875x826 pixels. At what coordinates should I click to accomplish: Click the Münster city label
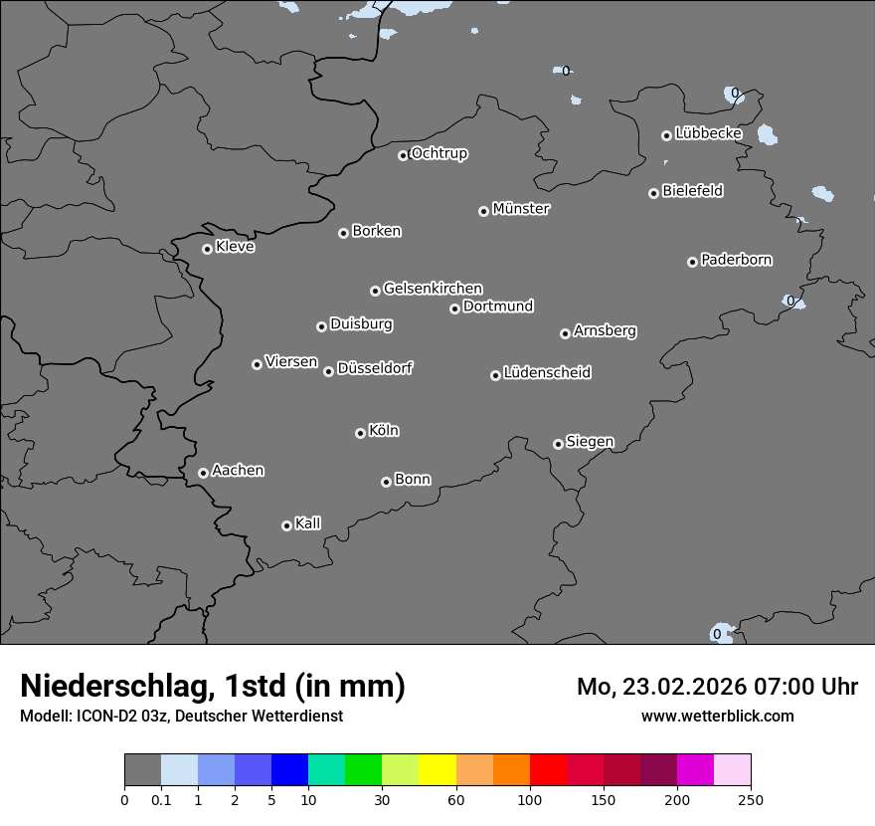coord(521,209)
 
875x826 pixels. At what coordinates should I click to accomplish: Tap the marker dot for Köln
coord(360,433)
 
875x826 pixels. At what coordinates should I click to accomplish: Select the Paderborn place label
coord(737,260)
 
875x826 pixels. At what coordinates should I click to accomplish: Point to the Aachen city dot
coord(203,473)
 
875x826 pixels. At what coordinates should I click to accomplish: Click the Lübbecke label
coord(708,133)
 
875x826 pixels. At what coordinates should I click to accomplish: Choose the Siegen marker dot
coord(558,444)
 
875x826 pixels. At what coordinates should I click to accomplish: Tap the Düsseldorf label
coord(375,368)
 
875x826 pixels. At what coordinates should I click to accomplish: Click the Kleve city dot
coord(207,249)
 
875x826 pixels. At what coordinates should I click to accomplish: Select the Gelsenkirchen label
coord(433,289)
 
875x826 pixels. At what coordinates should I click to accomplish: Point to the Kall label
coord(308,523)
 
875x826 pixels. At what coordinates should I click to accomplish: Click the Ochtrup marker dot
coord(403,155)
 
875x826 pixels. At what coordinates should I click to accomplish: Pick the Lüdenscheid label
coord(547,373)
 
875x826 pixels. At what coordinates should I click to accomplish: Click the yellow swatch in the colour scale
coord(437,770)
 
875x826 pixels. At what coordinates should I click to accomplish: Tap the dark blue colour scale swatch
coord(289,770)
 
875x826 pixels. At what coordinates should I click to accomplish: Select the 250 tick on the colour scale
coord(751,799)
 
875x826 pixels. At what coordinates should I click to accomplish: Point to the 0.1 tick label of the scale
coord(161,799)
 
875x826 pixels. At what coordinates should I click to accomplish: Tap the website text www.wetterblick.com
coord(717,716)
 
